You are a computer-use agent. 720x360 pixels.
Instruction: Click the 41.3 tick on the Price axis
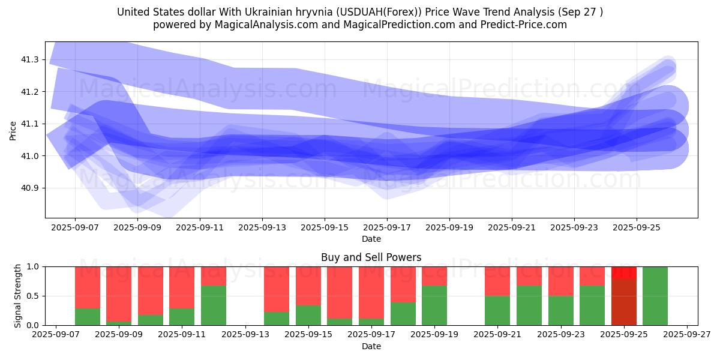30,60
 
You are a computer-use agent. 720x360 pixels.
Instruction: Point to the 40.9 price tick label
30,188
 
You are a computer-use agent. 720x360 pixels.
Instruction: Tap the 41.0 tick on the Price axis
30,156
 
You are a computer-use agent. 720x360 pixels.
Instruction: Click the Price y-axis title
13,130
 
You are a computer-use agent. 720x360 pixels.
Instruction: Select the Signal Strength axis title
18,296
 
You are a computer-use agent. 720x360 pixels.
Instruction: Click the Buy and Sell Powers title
371,257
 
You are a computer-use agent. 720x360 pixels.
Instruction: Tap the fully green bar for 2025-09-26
655,296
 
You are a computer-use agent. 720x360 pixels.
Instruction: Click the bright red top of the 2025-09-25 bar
624,272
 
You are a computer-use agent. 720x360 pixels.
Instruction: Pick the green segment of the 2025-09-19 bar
434,305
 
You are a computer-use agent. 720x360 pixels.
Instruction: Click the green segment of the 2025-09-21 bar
497,310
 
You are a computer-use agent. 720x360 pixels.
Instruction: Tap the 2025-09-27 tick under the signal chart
687,335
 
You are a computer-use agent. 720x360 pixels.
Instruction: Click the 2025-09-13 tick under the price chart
262,228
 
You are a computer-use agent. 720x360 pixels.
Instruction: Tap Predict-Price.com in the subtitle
524,25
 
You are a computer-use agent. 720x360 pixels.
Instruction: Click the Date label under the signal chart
371,346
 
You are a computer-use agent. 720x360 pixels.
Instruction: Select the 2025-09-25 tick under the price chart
637,228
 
